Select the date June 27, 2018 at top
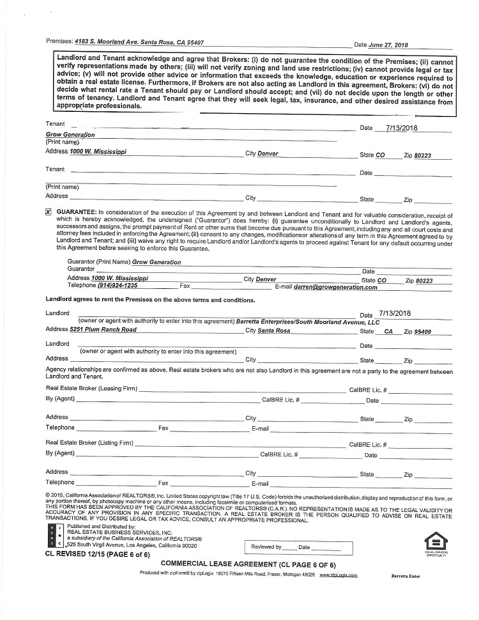point(388,45)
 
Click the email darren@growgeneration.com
point(335,288)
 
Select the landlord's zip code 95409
point(422,332)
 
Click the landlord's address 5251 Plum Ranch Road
point(103,330)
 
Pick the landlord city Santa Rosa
point(273,331)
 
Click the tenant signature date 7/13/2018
point(403,128)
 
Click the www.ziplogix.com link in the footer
point(338,575)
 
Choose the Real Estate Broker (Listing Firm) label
point(89,443)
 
